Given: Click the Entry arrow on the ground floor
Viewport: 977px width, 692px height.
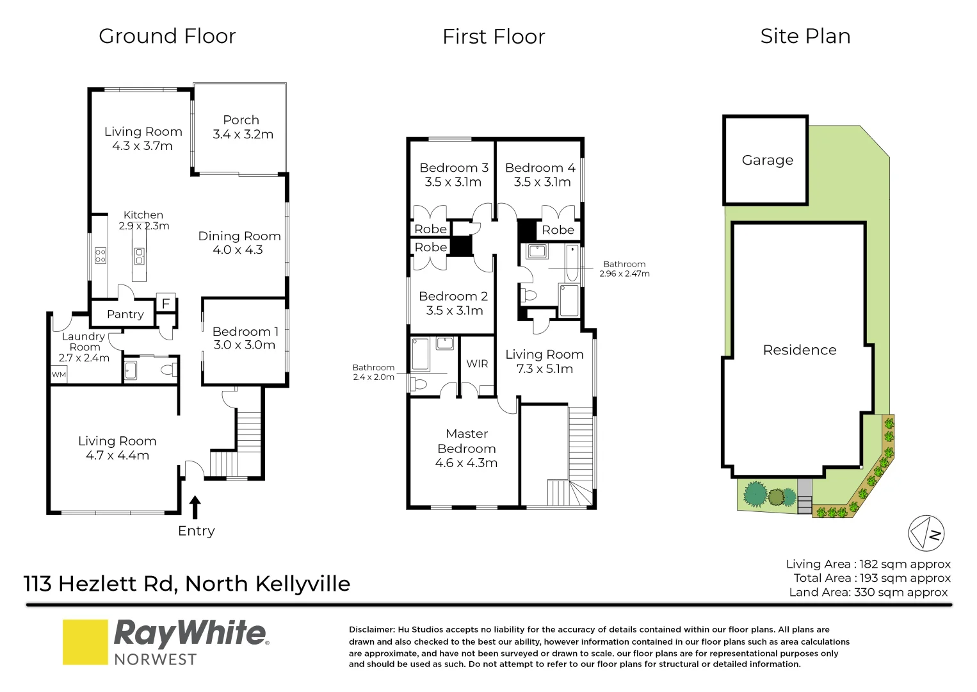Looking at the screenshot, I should (195, 507).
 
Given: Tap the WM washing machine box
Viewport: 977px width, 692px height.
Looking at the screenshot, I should (59, 375).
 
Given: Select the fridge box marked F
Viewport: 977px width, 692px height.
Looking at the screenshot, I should (166, 304).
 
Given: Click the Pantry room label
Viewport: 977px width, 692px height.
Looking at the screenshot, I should (125, 314).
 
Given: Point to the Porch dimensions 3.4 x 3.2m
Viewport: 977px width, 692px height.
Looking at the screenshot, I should (243, 135).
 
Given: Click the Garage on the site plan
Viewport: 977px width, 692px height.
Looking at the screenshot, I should (766, 160).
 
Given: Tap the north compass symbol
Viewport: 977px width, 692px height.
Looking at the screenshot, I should (926, 533).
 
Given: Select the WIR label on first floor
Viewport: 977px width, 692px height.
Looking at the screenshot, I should (477, 364).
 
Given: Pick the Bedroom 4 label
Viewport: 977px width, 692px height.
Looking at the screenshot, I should (540, 168).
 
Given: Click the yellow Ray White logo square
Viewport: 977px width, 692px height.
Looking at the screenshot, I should (85, 642).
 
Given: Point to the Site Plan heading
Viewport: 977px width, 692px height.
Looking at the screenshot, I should (805, 37).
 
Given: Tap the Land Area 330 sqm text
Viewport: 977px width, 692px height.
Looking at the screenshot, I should (868, 592).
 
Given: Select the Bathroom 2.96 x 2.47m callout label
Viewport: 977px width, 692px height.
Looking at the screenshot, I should (624, 268).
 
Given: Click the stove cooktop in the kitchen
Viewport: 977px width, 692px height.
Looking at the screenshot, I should (101, 256).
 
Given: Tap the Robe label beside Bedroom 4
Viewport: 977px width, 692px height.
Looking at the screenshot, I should (558, 230).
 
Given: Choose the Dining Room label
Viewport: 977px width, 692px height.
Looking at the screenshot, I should (239, 236).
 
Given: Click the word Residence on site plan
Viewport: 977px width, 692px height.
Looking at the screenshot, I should (799, 350).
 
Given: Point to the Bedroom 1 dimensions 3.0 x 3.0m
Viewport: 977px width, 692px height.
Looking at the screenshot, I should (245, 345).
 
